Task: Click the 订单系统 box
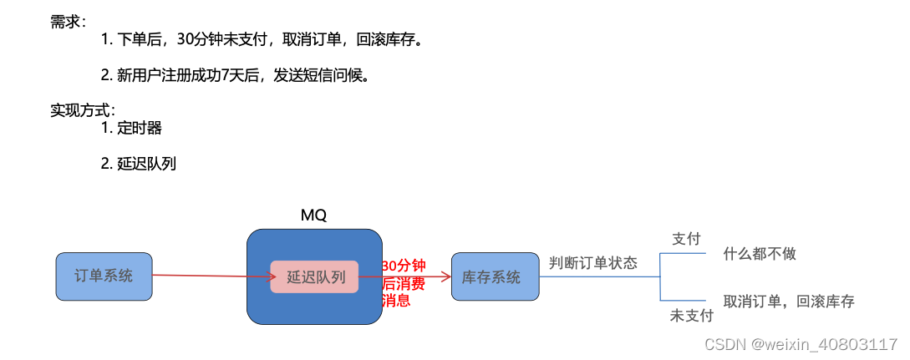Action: pos(104,276)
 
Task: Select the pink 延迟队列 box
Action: pos(314,277)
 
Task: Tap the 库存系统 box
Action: pos(495,277)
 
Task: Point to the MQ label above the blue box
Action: pos(313,215)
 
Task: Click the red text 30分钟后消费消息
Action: pos(404,283)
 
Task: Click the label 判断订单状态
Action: pos(593,263)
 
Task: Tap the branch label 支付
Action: pos(686,239)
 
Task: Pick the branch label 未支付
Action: pos(692,316)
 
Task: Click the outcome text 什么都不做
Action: pos(760,254)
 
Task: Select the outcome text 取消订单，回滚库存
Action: pos(789,302)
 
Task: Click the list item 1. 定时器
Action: pos(132,128)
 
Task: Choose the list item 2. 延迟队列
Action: pos(139,164)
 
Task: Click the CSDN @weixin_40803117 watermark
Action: pos(801,344)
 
